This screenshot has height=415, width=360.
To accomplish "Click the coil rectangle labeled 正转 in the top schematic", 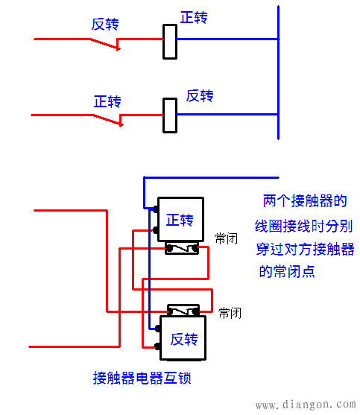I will click(x=169, y=41).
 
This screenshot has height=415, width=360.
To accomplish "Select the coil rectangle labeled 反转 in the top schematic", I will click(x=169, y=115).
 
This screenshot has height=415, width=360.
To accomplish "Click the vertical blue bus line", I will click(x=278, y=75).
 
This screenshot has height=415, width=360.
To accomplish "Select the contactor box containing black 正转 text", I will click(x=180, y=220).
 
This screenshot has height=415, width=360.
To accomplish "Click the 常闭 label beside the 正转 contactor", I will click(x=226, y=238).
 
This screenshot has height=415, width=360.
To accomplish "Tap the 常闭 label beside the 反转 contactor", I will click(x=230, y=313).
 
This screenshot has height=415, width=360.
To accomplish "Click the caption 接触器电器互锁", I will click(x=142, y=378).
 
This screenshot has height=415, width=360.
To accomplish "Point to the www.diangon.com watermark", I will click(x=305, y=405).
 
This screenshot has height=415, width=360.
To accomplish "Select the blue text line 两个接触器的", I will click(x=305, y=201).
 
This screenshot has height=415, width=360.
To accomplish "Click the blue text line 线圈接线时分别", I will click(x=305, y=225).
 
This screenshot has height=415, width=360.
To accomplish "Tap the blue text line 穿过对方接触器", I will click(x=305, y=248).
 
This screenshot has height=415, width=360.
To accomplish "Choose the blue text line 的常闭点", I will click(x=286, y=272).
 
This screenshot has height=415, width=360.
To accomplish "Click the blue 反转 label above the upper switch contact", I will click(x=105, y=24).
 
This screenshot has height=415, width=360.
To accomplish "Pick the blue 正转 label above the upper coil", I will click(x=194, y=17).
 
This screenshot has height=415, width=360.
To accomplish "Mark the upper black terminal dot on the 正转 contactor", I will click(x=156, y=208).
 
